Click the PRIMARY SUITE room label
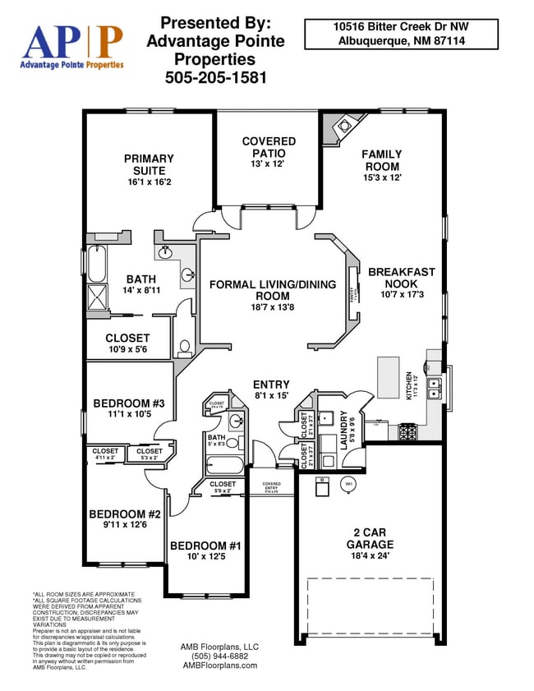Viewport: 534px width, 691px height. [x=149, y=164]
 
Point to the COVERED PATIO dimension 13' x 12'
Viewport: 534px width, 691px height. [x=268, y=164]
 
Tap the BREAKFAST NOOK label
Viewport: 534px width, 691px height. [x=402, y=278]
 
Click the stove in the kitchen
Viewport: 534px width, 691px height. [x=408, y=431]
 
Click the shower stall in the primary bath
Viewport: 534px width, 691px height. [x=97, y=297]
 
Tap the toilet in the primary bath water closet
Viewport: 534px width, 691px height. [x=184, y=348]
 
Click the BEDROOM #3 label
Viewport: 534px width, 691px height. [x=129, y=403]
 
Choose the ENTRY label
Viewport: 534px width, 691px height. [x=271, y=385]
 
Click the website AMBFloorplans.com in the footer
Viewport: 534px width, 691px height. [x=219, y=666]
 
